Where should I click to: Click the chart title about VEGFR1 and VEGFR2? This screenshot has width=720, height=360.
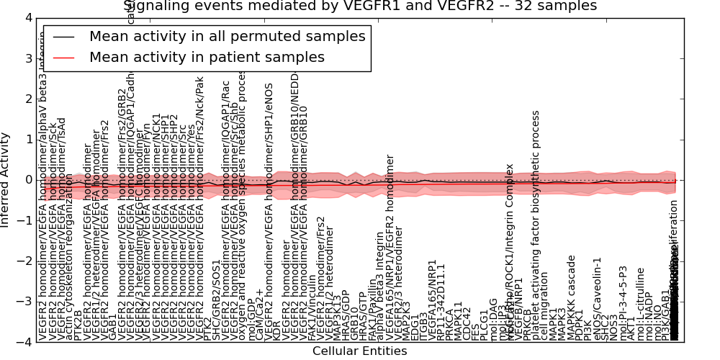point(360,6)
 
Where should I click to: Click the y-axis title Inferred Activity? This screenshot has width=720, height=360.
point(6,180)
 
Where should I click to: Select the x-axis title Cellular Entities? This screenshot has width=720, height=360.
point(360,351)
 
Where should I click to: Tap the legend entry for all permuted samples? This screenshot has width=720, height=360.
point(227,37)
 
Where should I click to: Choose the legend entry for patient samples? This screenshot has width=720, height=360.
point(207,57)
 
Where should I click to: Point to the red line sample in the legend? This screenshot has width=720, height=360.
point(63,57)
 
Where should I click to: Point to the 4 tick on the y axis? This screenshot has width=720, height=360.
point(27,18)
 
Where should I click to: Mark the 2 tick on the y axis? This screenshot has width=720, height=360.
point(27,99)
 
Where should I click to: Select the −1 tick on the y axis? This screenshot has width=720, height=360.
point(24,220)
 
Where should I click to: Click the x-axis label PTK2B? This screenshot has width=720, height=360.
point(78,325)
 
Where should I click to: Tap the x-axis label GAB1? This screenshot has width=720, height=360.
point(112,328)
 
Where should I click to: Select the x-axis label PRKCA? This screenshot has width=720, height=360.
point(449,324)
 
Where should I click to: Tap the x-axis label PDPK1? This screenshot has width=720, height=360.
point(580,325)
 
